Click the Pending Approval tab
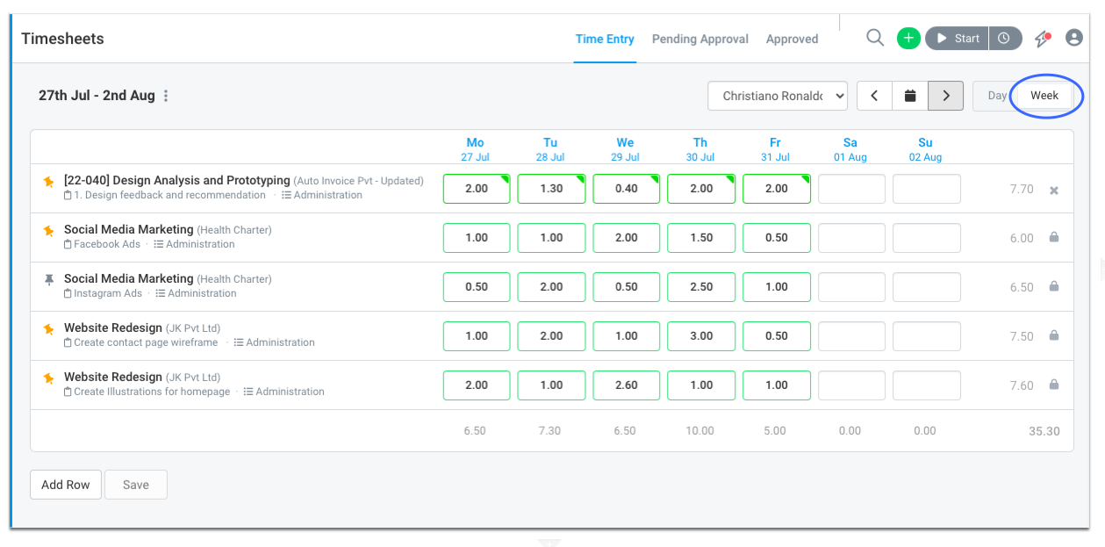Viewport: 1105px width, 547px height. tap(700, 39)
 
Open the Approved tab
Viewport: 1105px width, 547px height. tap(792, 39)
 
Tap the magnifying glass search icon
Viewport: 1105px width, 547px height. tap(875, 38)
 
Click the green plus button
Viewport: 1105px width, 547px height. tap(908, 38)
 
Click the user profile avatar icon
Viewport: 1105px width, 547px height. tap(1074, 38)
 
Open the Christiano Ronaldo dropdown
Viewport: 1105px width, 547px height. tap(778, 96)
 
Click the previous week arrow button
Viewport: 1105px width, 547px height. tap(874, 96)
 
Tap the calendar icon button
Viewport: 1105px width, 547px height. tap(910, 96)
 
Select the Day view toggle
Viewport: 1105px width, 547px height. tap(996, 96)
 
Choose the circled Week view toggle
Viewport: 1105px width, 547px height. tap(1044, 96)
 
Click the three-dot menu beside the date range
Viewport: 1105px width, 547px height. tap(166, 96)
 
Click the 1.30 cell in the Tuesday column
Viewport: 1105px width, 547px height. tap(551, 189)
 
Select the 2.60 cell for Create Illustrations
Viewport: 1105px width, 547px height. tap(627, 385)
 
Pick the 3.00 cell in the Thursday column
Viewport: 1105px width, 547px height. tap(701, 336)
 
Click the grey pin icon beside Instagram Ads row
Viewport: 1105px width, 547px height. tap(49, 280)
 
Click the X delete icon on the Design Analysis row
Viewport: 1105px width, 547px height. tap(1054, 190)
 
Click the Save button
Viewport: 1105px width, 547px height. tap(136, 485)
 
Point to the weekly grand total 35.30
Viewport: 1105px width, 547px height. tap(1044, 431)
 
